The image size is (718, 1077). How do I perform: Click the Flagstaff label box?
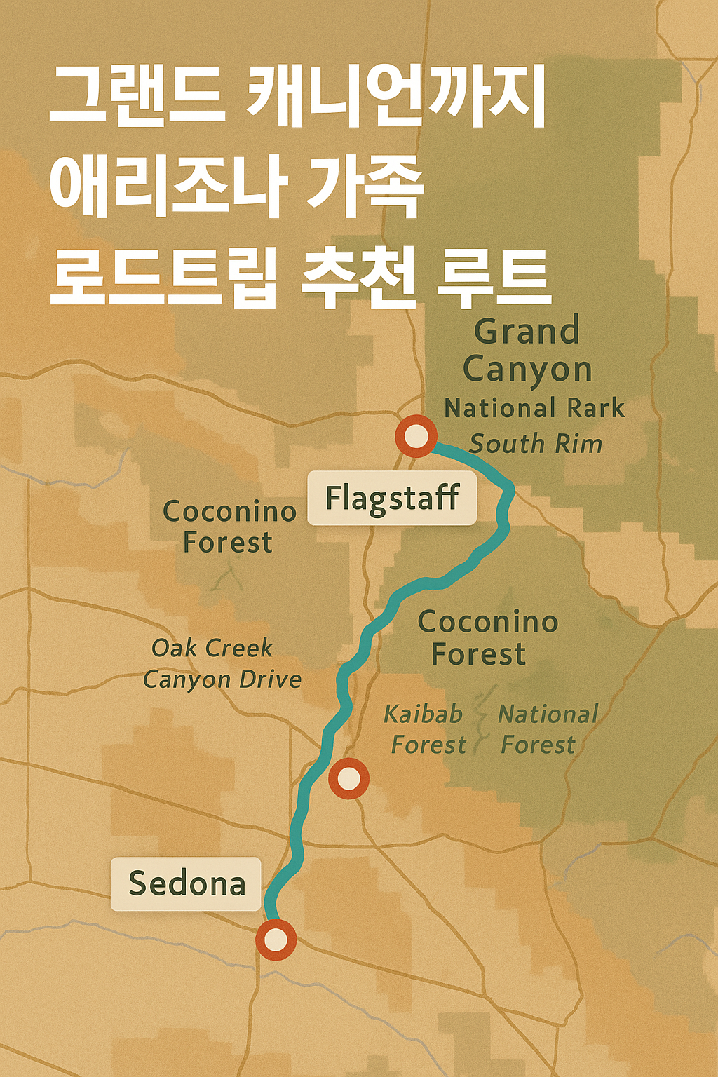click(x=392, y=499)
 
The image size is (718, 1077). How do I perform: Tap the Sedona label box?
click(x=187, y=883)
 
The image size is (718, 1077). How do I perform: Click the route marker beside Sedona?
click(x=276, y=940)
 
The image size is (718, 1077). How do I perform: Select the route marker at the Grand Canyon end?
click(x=416, y=436)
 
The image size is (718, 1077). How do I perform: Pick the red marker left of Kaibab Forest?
click(x=348, y=778)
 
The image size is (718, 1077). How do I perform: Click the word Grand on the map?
click(x=527, y=332)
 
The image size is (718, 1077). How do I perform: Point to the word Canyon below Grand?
click(x=527, y=370)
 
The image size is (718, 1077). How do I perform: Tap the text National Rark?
click(x=534, y=408)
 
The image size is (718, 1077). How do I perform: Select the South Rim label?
click(x=536, y=444)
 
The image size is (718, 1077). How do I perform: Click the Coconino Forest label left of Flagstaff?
click(x=229, y=527)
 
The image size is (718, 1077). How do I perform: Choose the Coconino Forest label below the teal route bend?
click(x=487, y=637)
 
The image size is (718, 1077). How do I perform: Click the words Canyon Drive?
click(x=222, y=679)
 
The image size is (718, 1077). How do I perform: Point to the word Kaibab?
click(x=424, y=714)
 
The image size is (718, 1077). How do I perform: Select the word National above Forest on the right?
click(x=548, y=714)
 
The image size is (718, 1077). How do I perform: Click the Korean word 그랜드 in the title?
click(x=137, y=97)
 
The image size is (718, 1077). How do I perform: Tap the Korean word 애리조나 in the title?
click(x=168, y=187)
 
